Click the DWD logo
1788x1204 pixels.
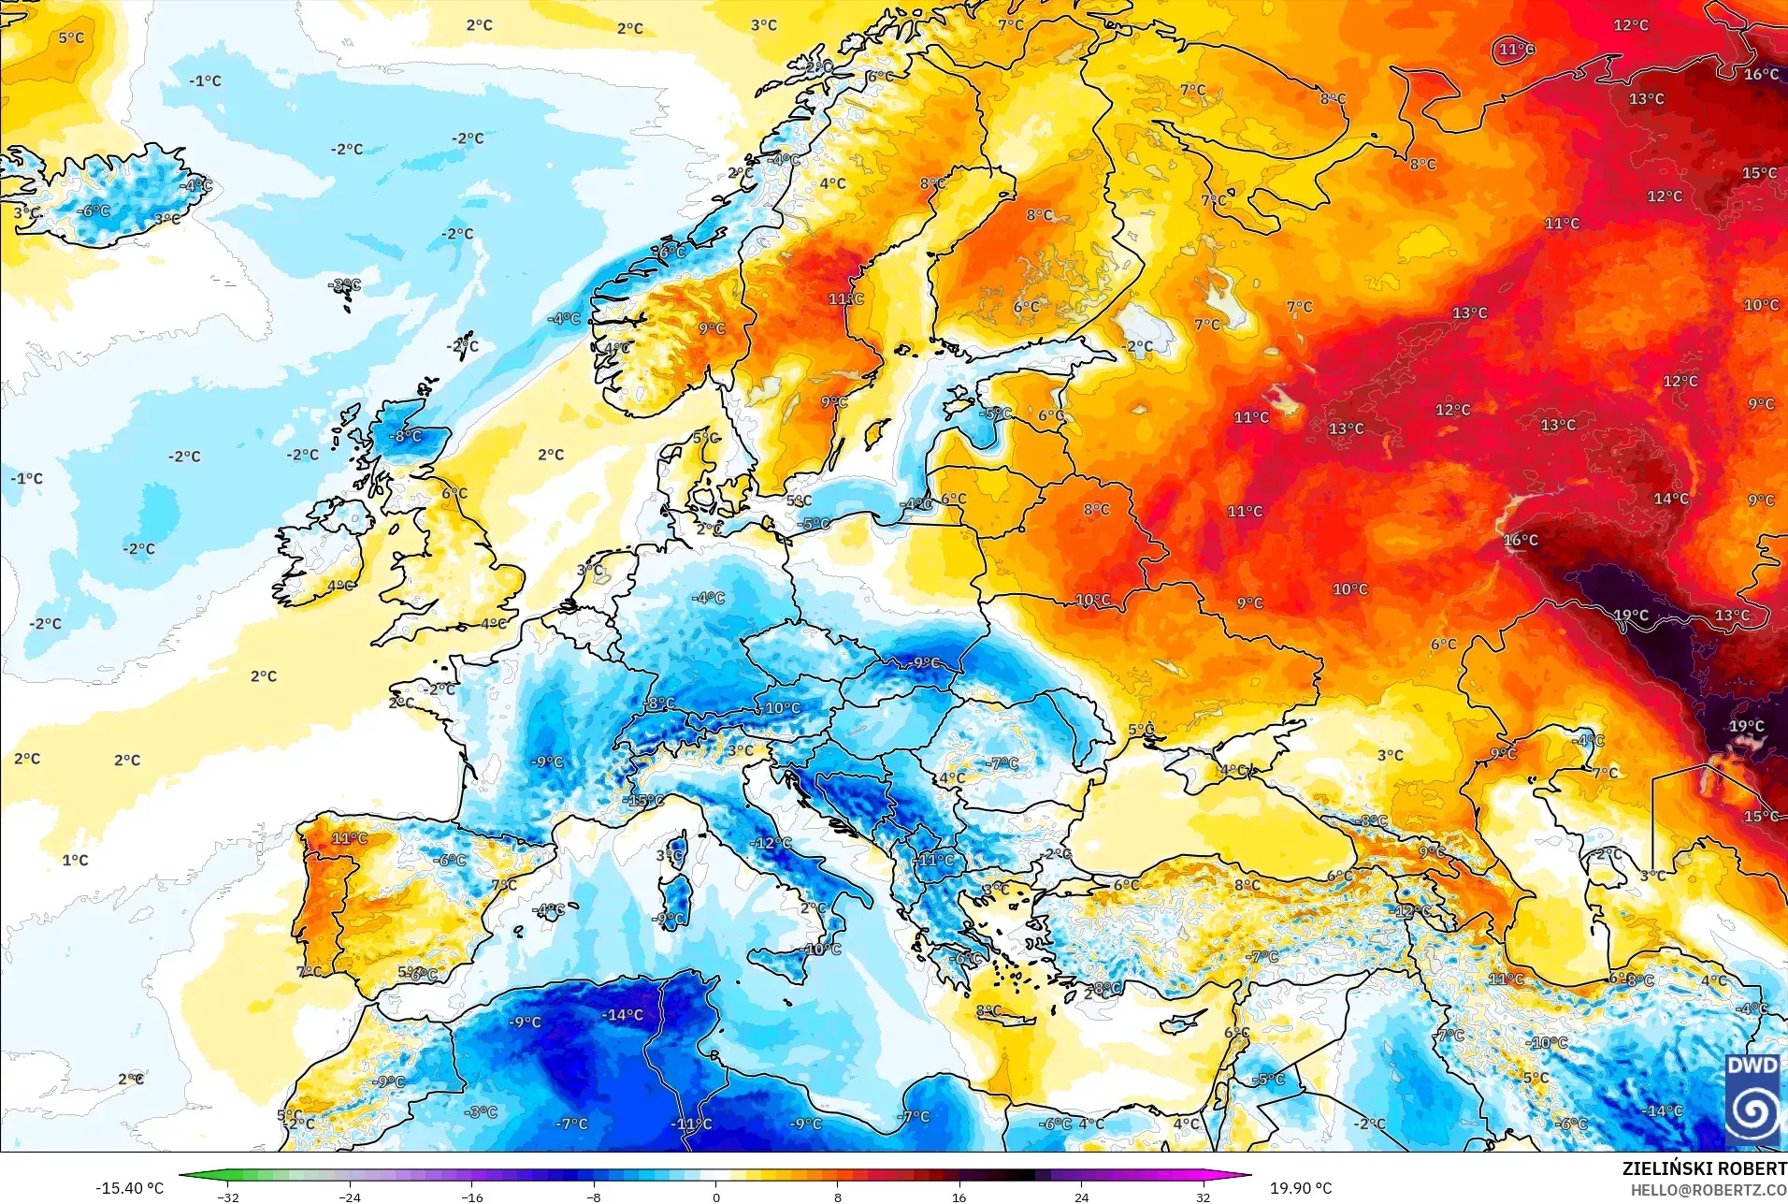[x=1752, y=1099]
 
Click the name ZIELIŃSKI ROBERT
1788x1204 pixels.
[x=1704, y=1168]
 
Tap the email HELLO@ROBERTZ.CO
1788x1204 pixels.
[x=1709, y=1190]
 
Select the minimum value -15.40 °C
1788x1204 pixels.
[x=129, y=1188]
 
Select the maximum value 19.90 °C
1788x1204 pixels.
[x=1300, y=1188]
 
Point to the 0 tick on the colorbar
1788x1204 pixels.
[x=715, y=1197]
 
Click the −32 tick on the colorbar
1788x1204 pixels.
[x=228, y=1197]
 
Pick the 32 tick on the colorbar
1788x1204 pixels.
[x=1203, y=1197]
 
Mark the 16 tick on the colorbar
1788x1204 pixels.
[x=959, y=1197]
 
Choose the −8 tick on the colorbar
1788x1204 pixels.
[x=594, y=1197]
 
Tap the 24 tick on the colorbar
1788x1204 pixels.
[x=1081, y=1197]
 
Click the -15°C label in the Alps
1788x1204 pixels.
[x=645, y=801]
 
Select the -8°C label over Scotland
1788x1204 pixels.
[x=407, y=436]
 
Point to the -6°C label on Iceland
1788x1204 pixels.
[x=94, y=211]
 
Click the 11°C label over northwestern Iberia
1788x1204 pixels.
[x=350, y=838]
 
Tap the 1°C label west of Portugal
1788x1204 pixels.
[x=76, y=860]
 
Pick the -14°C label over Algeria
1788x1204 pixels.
[x=622, y=1015]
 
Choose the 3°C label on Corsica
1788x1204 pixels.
[x=670, y=856]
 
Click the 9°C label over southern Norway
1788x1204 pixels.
[x=712, y=328]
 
